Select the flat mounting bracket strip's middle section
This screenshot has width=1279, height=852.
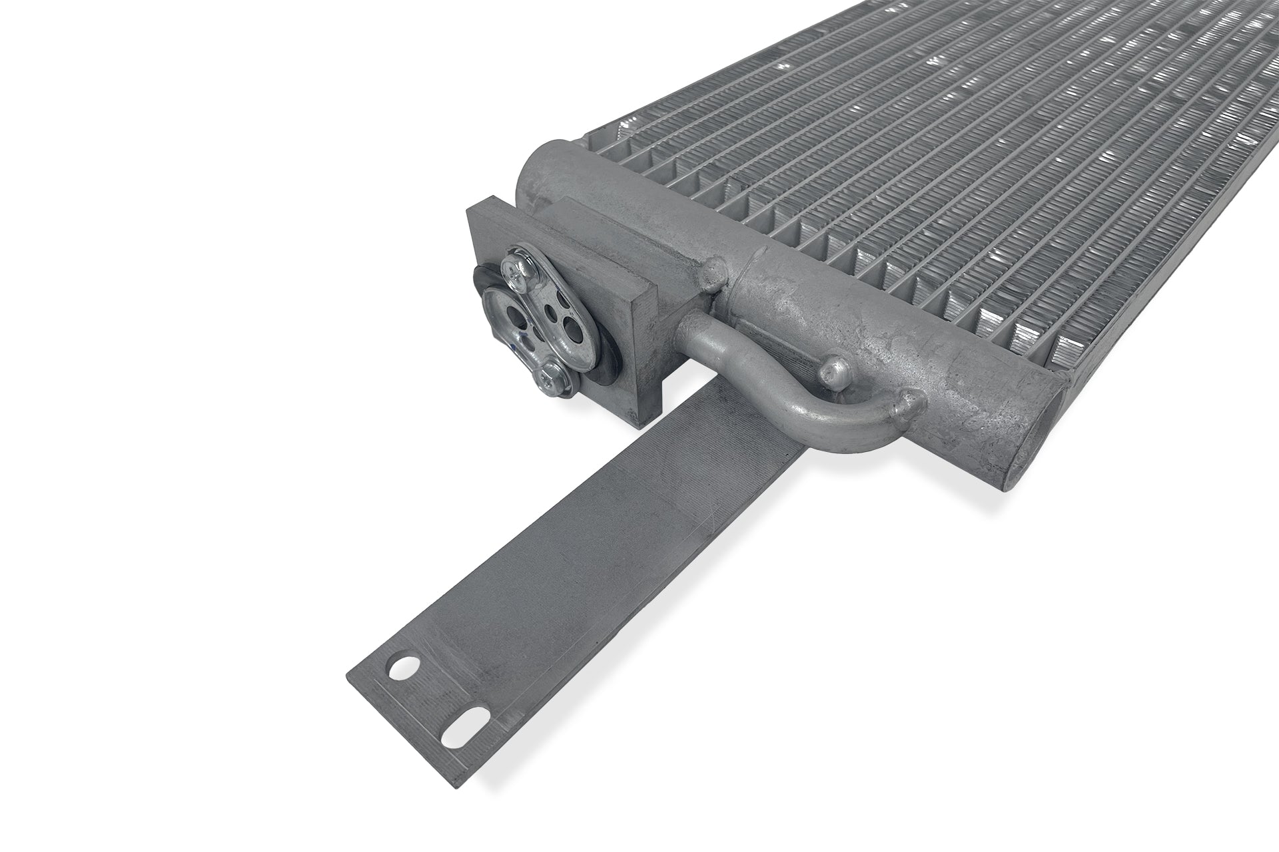click(600, 566)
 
